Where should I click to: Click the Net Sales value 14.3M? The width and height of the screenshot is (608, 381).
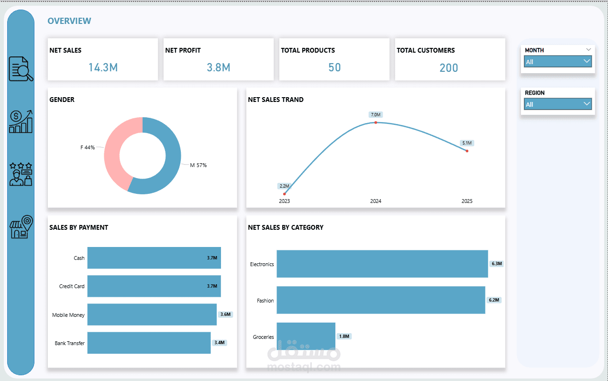point(103,67)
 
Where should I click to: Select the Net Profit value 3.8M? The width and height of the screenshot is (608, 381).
point(219,67)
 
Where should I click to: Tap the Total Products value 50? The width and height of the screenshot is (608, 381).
point(334,67)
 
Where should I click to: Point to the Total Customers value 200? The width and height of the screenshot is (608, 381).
point(449,68)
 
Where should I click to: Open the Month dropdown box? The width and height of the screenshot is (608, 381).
point(558,62)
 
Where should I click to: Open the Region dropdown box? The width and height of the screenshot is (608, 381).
point(558,104)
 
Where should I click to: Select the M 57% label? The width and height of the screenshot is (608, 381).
point(198,165)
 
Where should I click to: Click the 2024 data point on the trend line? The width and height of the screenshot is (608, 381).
point(376,123)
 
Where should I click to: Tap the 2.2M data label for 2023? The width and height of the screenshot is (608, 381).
point(284,186)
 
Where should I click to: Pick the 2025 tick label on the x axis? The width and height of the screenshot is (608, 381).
point(466,201)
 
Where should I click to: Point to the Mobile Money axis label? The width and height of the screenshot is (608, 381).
point(68,315)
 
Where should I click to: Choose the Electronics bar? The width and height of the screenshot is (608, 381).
point(382,264)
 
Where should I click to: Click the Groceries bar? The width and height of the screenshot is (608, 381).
point(306,336)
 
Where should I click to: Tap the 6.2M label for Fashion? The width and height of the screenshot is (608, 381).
point(494,300)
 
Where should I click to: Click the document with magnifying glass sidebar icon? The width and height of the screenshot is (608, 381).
point(21,69)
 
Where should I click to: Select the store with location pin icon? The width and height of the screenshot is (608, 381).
point(21,227)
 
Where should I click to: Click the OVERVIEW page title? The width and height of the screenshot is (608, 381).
point(69,21)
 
